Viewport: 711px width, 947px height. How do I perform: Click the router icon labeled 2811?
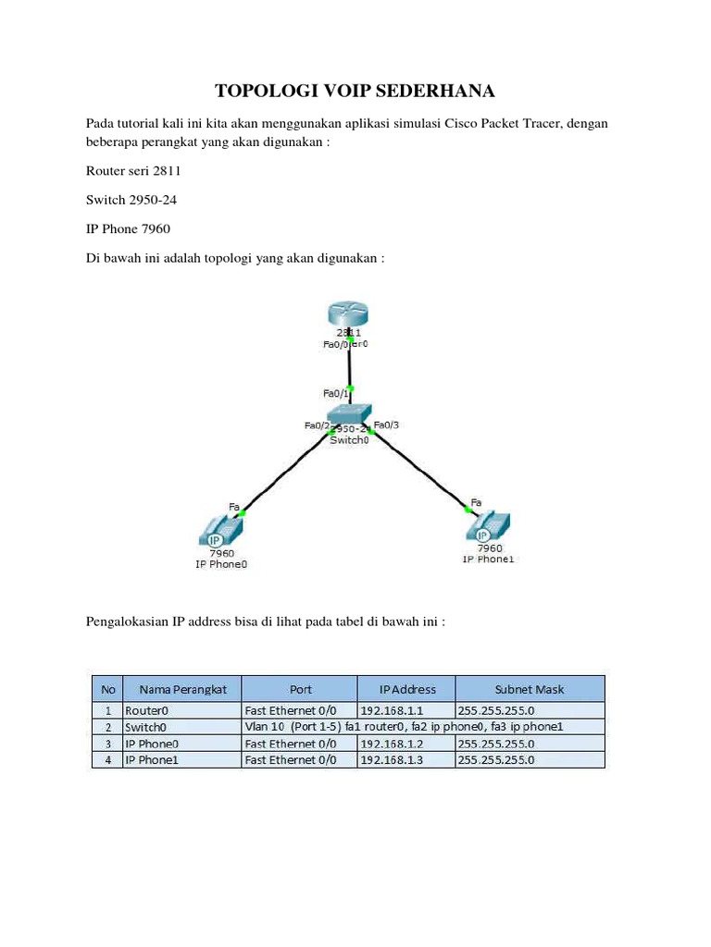349,314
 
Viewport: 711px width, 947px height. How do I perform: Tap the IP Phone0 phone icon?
220,532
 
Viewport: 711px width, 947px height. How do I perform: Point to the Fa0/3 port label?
386,425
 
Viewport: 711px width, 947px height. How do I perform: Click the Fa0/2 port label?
316,425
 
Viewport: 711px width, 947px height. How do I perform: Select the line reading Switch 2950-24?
131,199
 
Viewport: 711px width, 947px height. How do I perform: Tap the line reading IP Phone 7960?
128,228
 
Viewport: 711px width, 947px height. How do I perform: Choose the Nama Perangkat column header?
182,689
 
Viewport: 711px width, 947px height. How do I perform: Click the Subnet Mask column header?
529,689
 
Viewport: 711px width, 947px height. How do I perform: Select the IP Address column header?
407,689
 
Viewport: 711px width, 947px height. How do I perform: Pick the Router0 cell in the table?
150,710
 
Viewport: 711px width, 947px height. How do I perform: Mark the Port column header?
300,689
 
